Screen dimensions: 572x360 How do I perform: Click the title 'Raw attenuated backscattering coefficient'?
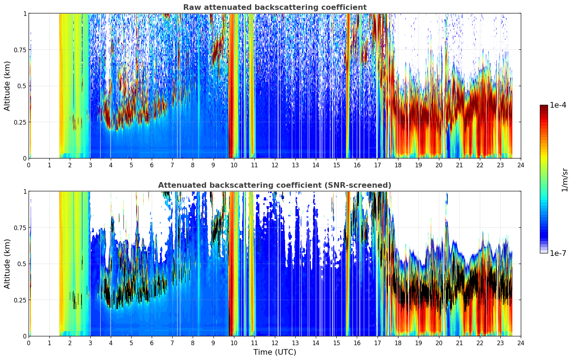(275, 7)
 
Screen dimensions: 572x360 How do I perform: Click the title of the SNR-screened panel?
(275, 185)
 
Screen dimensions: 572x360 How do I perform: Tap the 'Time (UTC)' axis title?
(275, 352)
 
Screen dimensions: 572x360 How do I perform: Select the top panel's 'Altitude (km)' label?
(7, 86)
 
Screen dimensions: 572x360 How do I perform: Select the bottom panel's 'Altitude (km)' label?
(7, 264)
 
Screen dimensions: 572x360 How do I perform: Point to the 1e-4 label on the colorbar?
(558, 105)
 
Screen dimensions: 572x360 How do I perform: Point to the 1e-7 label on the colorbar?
(558, 253)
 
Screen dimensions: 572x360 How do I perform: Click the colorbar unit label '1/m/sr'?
(565, 180)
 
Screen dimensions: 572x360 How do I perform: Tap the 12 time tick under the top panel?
(275, 165)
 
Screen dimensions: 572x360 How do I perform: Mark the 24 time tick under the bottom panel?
(521, 343)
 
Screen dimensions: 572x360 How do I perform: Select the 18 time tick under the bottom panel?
(398, 343)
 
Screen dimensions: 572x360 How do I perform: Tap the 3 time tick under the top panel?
(90, 165)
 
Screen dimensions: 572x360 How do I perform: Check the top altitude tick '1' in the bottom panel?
(25, 192)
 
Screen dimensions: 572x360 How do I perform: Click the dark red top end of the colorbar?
(544, 107)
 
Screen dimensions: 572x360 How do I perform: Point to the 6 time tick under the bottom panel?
(152, 343)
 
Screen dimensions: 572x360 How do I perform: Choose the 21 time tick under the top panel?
(459, 165)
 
